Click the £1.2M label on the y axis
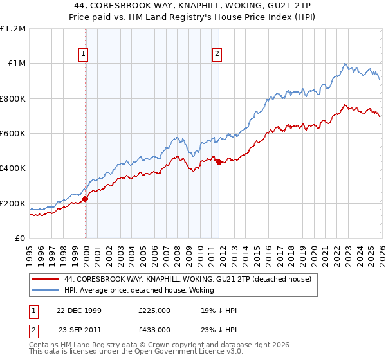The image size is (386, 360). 13,29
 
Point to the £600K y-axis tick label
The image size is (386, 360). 13,134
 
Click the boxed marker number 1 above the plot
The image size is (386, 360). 85,55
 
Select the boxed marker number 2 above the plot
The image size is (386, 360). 218,55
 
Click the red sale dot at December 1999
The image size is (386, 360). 86,199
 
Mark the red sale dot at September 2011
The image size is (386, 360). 219,162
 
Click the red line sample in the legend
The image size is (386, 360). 46,279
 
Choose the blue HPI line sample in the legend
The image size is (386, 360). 46,290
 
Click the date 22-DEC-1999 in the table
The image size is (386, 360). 79,310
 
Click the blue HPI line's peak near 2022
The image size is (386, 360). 345,64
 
